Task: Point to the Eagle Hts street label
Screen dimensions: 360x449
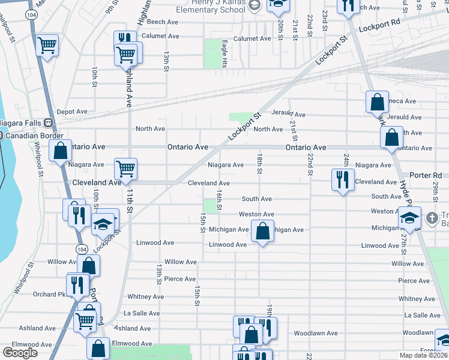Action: point(224,53)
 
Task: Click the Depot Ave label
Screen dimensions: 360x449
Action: point(72,112)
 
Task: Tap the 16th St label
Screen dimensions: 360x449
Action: point(220,200)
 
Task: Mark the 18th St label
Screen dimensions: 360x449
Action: point(260,163)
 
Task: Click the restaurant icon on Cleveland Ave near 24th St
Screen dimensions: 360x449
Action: point(342,179)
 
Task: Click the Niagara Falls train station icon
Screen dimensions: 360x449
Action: point(52,123)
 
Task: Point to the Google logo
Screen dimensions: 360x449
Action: point(20,353)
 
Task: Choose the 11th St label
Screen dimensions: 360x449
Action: point(129,203)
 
